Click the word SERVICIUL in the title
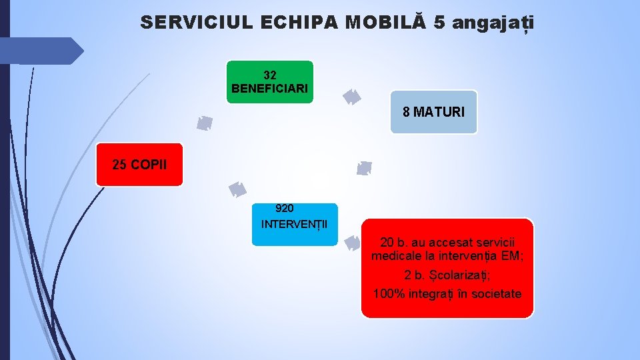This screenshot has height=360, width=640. (196, 23)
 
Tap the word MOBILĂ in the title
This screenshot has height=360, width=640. (386, 23)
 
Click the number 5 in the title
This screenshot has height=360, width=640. (439, 23)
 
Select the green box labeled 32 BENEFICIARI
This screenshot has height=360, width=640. (270, 82)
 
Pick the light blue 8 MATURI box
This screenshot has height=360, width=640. (433, 112)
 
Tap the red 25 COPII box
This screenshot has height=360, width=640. (139, 164)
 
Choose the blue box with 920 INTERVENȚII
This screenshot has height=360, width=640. (295, 224)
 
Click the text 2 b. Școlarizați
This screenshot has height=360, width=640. (447, 275)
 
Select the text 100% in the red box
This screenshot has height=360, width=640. (389, 294)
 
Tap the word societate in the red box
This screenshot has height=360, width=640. (496, 294)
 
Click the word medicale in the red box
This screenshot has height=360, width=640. (394, 256)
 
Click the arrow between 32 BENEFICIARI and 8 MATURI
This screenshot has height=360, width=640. (351, 97)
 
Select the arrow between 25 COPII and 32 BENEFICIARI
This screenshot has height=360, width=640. (205, 123)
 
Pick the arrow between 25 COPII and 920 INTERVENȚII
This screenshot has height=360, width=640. (237, 190)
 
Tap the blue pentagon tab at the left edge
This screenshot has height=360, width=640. (40, 51)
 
